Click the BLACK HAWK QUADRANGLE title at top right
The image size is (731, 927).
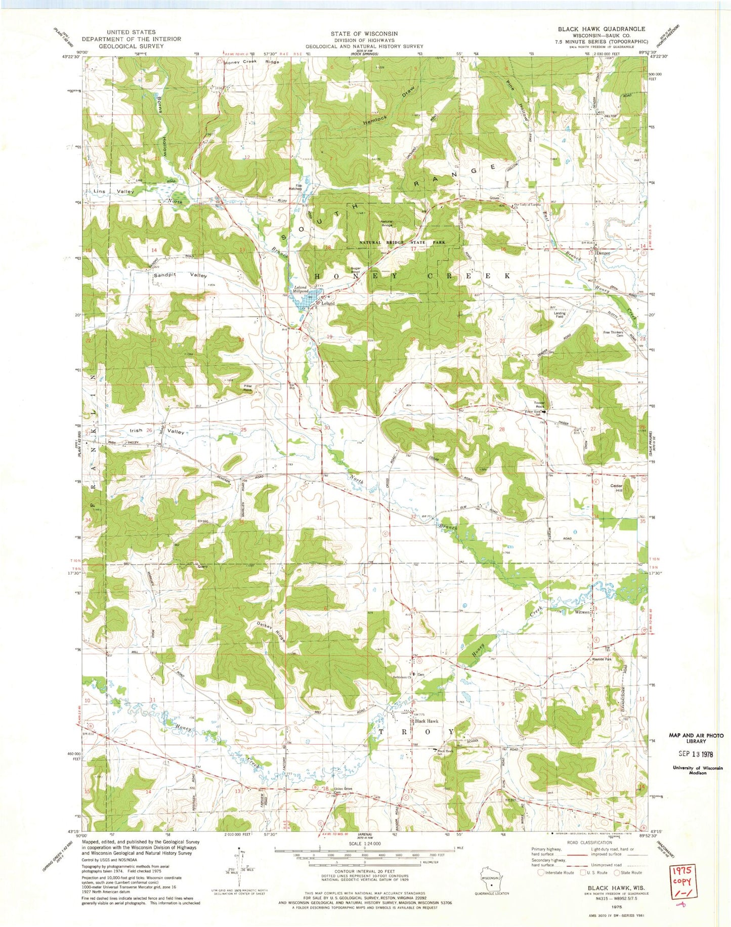(x=601, y=29)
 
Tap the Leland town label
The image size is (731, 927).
(x=328, y=304)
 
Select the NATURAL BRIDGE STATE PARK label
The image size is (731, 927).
(x=403, y=242)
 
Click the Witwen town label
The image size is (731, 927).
(x=582, y=612)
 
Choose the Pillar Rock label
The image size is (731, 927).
(x=247, y=388)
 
